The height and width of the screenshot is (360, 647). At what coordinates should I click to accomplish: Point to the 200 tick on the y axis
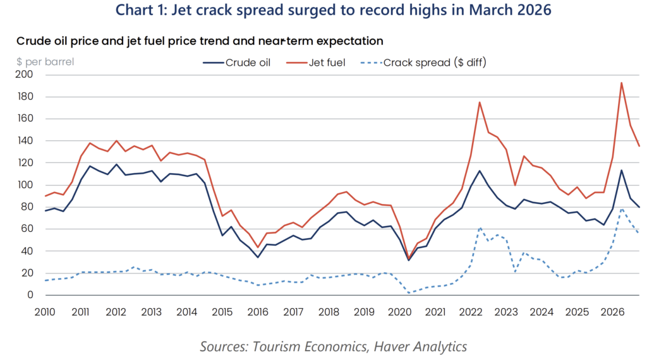pos(25,75)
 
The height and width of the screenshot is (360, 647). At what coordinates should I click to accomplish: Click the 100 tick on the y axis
pos(25,185)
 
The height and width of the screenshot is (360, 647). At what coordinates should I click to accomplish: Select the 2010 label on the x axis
pos(45,312)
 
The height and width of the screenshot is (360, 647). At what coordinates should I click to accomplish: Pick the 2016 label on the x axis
pos(258,312)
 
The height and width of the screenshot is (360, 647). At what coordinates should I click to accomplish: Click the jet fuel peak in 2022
pos(480,102)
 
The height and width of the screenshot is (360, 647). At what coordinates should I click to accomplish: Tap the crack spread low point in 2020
pos(409,292)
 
